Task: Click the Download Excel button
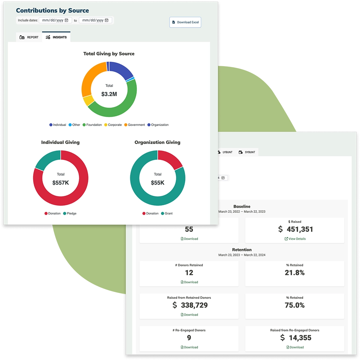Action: click(185, 22)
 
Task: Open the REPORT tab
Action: click(29, 37)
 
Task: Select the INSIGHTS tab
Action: click(57, 37)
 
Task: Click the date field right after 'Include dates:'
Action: click(55, 21)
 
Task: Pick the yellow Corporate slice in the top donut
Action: click(88, 101)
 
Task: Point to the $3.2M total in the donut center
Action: click(109, 94)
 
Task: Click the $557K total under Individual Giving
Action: click(60, 183)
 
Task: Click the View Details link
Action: click(295, 239)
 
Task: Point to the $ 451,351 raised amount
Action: click(296, 229)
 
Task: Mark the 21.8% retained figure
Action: click(294, 273)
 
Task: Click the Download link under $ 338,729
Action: click(189, 315)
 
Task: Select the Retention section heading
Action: click(242, 249)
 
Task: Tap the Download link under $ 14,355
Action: click(295, 347)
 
